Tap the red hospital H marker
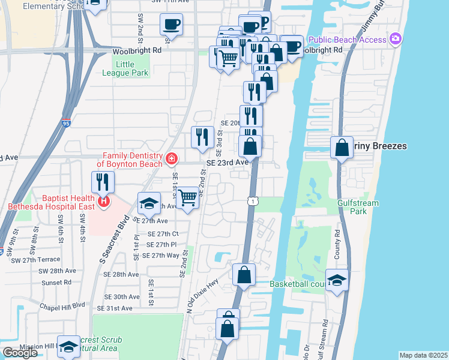pos(104,201)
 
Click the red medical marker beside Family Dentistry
pos(172,159)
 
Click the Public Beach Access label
pos(347,40)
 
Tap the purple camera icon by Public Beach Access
pos(395,40)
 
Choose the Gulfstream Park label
pos(358,207)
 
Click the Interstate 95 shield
pos(65,124)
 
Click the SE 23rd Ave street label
pos(227,163)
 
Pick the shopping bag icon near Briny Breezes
pos(342,147)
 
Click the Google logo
pos(20,353)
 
